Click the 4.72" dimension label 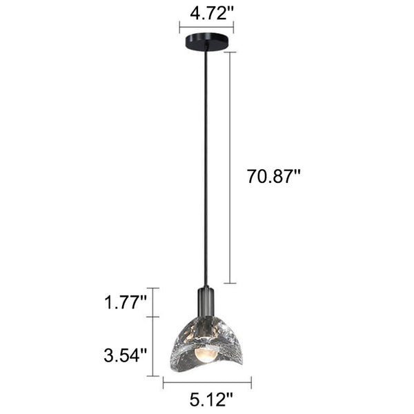click(x=212, y=13)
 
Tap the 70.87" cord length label click(x=274, y=176)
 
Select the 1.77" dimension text click(x=126, y=302)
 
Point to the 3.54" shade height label click(x=125, y=355)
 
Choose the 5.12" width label click(x=211, y=400)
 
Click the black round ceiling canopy click(x=206, y=41)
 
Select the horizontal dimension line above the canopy click(x=206, y=27)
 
